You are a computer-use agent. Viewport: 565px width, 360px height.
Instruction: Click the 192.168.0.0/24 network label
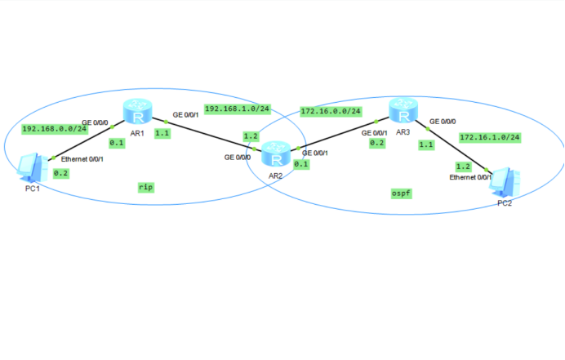[55, 128]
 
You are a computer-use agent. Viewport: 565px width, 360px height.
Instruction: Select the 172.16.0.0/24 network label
[331, 111]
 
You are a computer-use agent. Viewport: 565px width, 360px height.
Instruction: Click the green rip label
[146, 187]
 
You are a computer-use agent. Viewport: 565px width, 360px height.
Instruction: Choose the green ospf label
[401, 193]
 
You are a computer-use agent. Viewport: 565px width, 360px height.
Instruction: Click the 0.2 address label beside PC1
[61, 173]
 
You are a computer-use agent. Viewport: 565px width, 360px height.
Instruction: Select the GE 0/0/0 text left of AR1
[95, 122]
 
